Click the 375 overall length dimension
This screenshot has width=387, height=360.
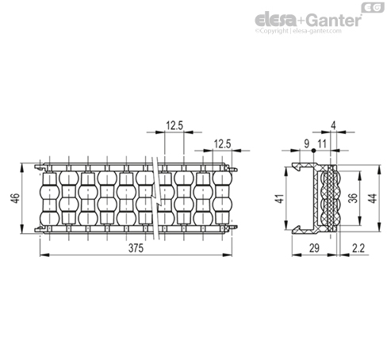pos(136,248)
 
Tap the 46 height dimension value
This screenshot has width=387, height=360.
pos(16,198)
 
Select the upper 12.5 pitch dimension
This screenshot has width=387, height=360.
pos(174,125)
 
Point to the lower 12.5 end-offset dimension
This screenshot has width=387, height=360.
pos(222,144)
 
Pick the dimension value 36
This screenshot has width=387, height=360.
pos(353,198)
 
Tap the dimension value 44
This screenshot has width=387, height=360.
pos(372,198)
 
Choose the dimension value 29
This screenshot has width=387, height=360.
pos(314,248)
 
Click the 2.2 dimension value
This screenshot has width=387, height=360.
pos(358,248)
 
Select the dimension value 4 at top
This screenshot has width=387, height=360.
pos(334,126)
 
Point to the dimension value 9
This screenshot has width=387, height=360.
pos(306,144)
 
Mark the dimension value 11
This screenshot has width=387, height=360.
pos(322,144)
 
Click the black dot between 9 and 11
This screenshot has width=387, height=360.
pos(313,151)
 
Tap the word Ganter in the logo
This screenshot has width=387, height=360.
pos(334,20)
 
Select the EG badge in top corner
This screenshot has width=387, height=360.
pos(373,7)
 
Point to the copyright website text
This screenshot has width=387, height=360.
pos(298,31)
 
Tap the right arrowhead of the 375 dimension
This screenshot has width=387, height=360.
pos(227,255)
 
